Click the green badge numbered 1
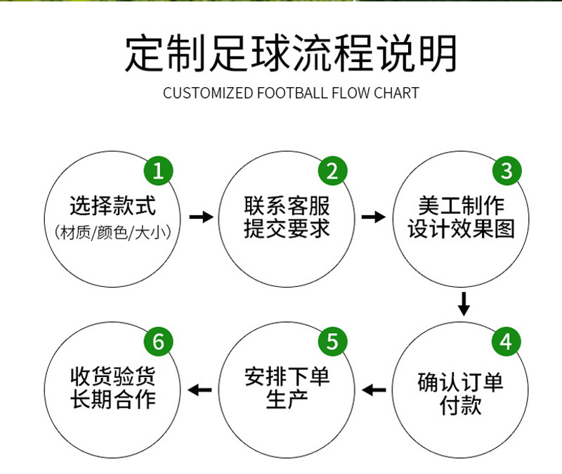tap(159, 171)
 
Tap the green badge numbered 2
tap(333, 171)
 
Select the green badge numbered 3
tap(506, 171)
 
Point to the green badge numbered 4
tap(506, 342)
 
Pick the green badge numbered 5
tap(333, 342)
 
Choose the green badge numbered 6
tap(159, 342)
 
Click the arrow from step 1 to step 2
tap(202, 217)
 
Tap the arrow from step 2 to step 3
tap(374, 217)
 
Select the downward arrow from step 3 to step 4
tap(463, 304)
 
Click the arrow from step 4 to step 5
tap(374, 389)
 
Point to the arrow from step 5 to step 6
tap(202, 389)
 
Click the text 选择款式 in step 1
tap(113, 206)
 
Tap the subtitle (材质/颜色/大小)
tap(113, 231)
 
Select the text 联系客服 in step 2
tap(287, 206)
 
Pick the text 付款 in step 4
tap(461, 406)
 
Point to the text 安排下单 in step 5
tap(287, 377)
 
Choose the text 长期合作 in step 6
tap(113, 399)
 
